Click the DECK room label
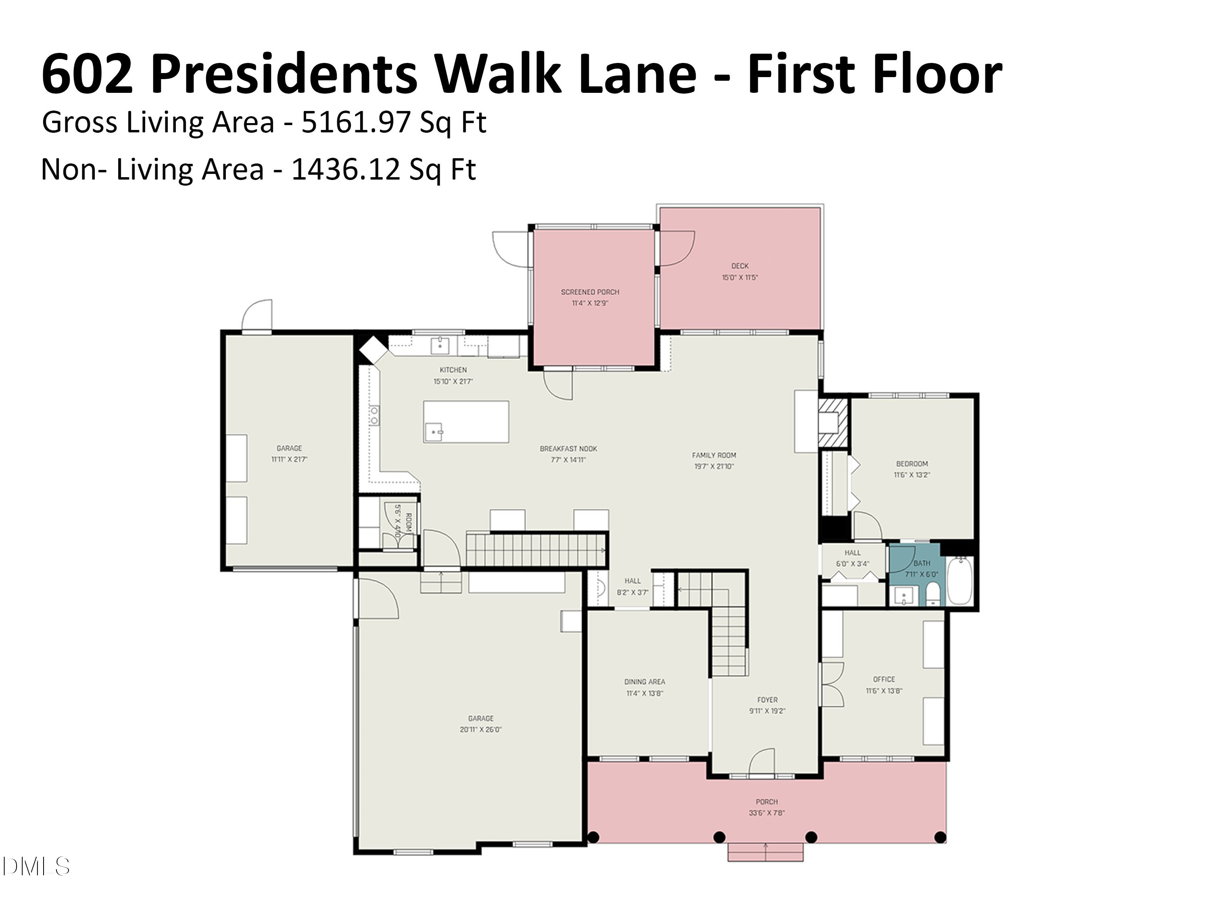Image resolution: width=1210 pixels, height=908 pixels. pos(740,266)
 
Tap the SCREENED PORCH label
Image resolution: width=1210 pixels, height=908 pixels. pos(590,292)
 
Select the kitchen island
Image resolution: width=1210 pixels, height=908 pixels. pos(466,421)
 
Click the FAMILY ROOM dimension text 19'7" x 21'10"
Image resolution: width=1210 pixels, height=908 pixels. pos(713,467)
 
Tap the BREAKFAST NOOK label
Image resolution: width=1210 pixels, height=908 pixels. pos(568,449)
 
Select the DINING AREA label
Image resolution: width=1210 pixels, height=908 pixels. pos(645,682)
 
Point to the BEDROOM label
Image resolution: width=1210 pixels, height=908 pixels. pos(911,464)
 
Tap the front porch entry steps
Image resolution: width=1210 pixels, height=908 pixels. pos(765,852)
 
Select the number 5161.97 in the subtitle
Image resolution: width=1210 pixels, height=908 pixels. pos(356,122)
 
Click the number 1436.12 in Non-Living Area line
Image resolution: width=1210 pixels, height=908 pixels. pos(346,169)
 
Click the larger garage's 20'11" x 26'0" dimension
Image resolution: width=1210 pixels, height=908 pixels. pos(480,730)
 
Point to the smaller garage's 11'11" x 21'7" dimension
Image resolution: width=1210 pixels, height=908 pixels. pos(289,459)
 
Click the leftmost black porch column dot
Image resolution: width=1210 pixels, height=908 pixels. pos(593,837)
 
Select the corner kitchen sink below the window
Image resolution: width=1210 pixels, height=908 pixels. pos(439,346)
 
